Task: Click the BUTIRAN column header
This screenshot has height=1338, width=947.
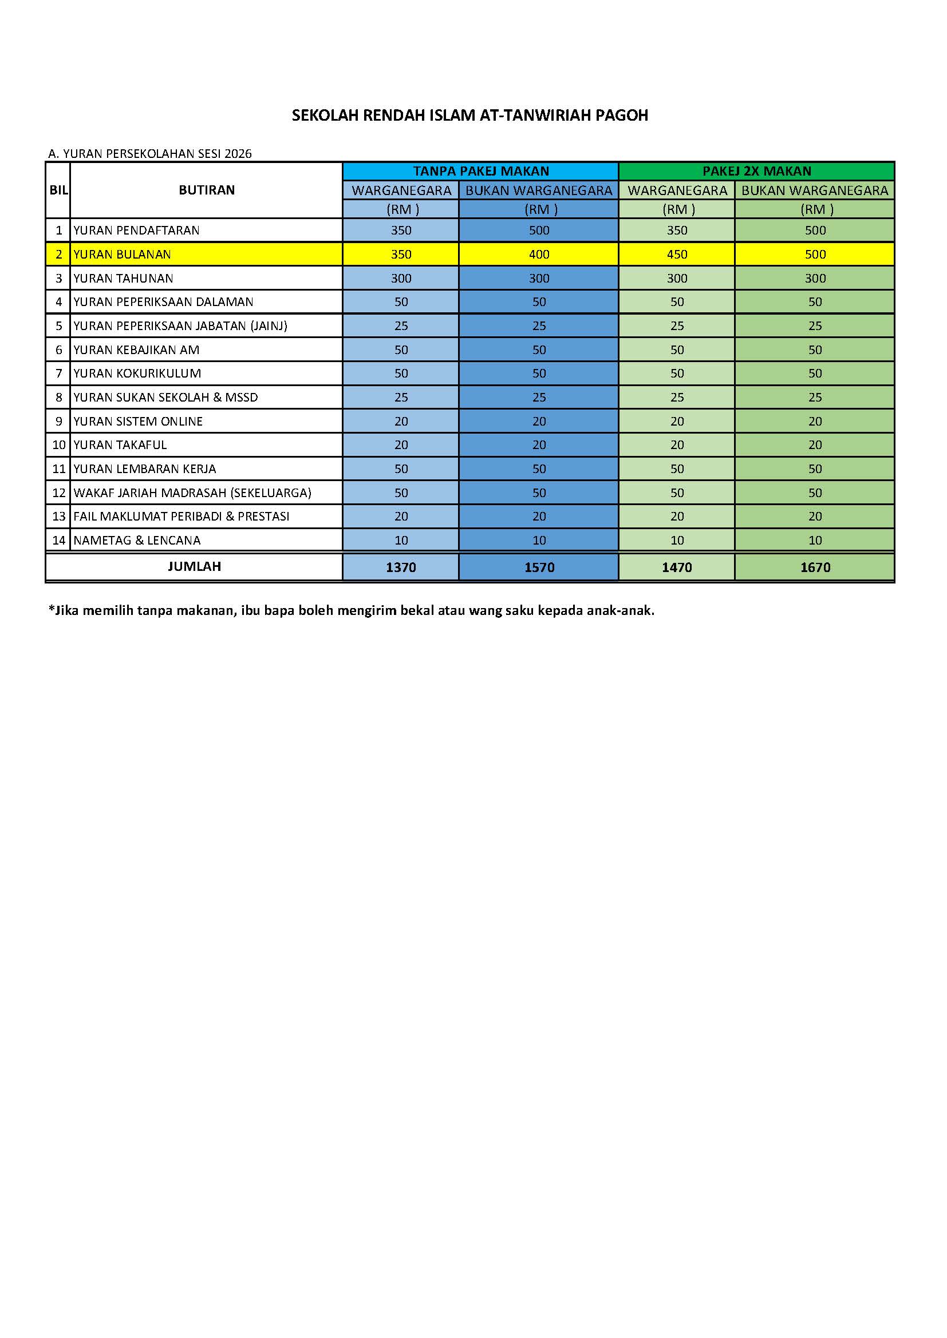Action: [x=207, y=190]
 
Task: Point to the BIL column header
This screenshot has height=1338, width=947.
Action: [x=58, y=190]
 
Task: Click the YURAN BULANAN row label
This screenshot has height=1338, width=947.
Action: [x=123, y=255]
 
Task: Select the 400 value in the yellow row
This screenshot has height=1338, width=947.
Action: [x=539, y=255]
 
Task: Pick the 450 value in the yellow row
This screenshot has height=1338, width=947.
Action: [x=677, y=255]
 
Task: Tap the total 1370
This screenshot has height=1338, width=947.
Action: [x=401, y=567]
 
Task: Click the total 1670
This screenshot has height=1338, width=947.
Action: [x=815, y=567]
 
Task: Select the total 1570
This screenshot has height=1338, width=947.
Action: [x=539, y=567]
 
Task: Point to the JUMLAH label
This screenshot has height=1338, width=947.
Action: [x=194, y=566]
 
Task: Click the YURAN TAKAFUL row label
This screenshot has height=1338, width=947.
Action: [x=120, y=445]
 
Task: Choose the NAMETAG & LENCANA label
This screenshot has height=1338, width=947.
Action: [x=137, y=541]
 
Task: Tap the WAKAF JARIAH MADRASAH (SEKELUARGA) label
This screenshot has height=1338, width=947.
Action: [x=192, y=493]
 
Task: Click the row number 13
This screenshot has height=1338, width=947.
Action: [x=59, y=517]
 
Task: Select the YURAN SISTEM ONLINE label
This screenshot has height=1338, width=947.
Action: [x=138, y=422]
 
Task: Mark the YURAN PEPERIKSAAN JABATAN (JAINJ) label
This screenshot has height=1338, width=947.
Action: [x=181, y=326]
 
